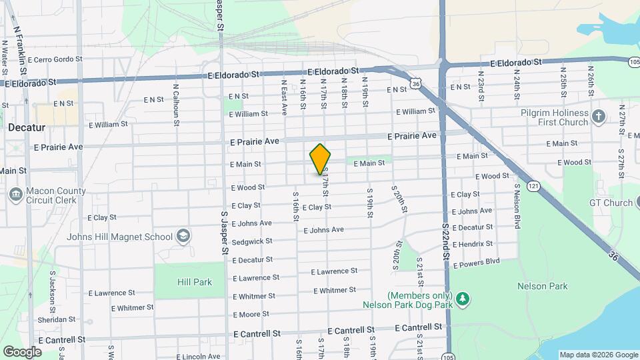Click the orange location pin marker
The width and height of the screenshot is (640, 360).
321,159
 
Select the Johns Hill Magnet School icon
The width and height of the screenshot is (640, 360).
183,237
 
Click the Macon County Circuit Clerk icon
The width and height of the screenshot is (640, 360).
15,195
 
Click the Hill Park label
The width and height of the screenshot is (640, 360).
195,282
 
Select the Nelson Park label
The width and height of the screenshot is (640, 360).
542,286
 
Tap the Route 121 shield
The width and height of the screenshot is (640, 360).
533,186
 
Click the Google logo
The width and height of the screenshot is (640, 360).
22,351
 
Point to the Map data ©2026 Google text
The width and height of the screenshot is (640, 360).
598,355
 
